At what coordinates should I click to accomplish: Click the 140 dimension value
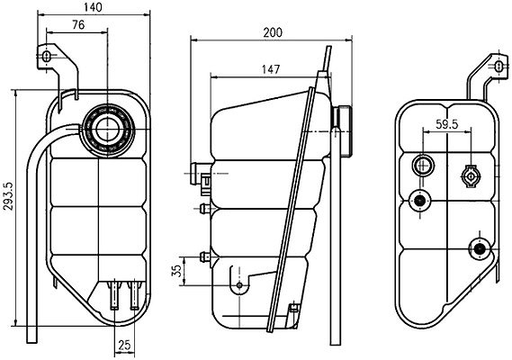coord(93,7)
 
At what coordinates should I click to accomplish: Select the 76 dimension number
coord(78,25)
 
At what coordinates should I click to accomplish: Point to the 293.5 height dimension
coord(8,196)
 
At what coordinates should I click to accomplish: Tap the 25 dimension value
coord(124,345)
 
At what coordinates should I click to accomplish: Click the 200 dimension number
coord(273,32)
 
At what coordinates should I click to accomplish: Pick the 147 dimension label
coord(271,69)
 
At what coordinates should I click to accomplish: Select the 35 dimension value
coord(176,271)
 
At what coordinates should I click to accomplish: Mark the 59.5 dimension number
coord(447,124)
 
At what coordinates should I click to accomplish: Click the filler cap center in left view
coord(107,130)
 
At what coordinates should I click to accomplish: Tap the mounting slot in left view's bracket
coord(47,57)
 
